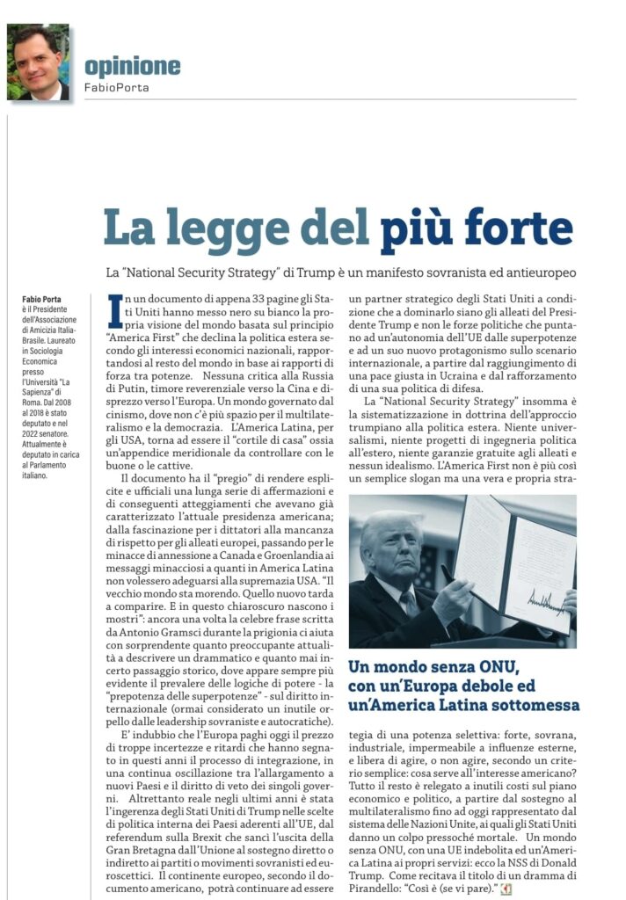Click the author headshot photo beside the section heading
pos(38,62)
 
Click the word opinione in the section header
pos(132,67)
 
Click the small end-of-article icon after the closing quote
pos(506,890)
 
